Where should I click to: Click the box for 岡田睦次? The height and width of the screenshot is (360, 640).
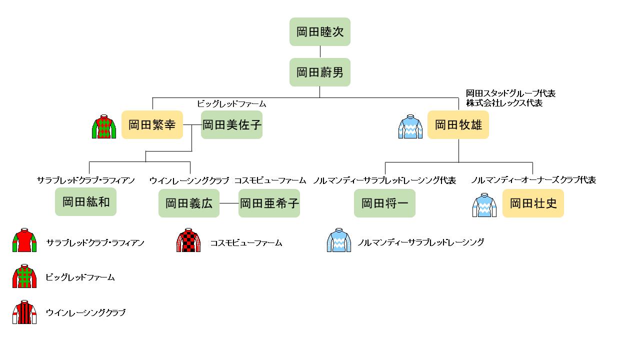coord(320,32)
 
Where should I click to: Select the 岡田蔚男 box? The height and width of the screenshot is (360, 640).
coord(320,72)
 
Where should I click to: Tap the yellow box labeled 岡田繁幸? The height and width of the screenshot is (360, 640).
coord(152,124)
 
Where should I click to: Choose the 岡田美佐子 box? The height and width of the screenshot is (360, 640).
coord(231,124)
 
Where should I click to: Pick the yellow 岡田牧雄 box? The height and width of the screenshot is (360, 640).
coord(458,124)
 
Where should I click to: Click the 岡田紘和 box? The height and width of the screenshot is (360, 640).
coord(85,202)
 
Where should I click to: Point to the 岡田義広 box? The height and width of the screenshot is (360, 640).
coord(189,203)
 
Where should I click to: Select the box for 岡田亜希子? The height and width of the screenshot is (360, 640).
coord(269,203)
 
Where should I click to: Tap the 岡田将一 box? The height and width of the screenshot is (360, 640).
coord(384,203)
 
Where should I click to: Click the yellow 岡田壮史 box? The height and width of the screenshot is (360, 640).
coord(533,203)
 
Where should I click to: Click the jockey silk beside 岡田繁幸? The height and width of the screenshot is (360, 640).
coord(104,126)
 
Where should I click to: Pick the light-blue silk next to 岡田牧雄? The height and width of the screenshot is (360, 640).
coord(410,126)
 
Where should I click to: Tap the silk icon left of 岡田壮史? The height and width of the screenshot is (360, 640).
coord(484,204)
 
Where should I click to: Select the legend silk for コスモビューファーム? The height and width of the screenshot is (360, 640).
coord(188,240)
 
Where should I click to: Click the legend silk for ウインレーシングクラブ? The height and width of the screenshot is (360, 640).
coord(24,312)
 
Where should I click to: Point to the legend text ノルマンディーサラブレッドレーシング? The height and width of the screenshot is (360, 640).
coord(421,242)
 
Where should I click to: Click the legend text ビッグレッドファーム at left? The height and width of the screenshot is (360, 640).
coord(80,277)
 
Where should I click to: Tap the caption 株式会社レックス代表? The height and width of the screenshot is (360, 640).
coord(504,103)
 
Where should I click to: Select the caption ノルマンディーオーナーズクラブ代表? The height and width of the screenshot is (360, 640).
coord(533,180)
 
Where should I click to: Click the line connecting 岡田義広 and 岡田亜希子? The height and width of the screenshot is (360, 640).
coord(229,203)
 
